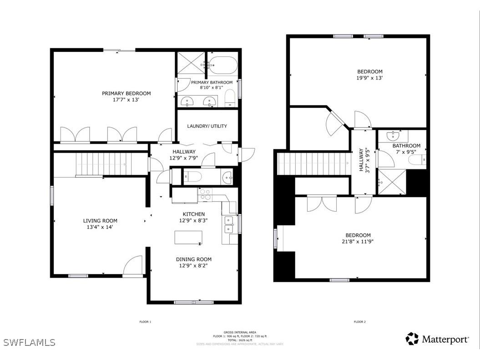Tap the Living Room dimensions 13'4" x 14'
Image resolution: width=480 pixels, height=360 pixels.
[x=100, y=227]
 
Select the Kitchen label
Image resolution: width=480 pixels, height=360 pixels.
[x=194, y=214]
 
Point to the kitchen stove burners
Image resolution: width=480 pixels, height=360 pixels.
[x=205, y=195]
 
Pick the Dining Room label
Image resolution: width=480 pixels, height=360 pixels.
[x=194, y=259]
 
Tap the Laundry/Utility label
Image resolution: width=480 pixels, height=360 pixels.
[x=207, y=126]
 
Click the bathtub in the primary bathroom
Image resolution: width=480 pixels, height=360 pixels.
[x=222, y=65]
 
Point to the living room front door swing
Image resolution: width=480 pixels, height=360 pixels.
[x=133, y=265]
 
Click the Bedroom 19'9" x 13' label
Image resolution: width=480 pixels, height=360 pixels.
[x=369, y=71]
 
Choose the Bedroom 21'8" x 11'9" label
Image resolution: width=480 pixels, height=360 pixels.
[x=357, y=235]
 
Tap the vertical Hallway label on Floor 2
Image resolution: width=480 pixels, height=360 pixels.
[x=361, y=159]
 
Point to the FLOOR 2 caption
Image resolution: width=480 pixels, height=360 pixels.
[x=359, y=322]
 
